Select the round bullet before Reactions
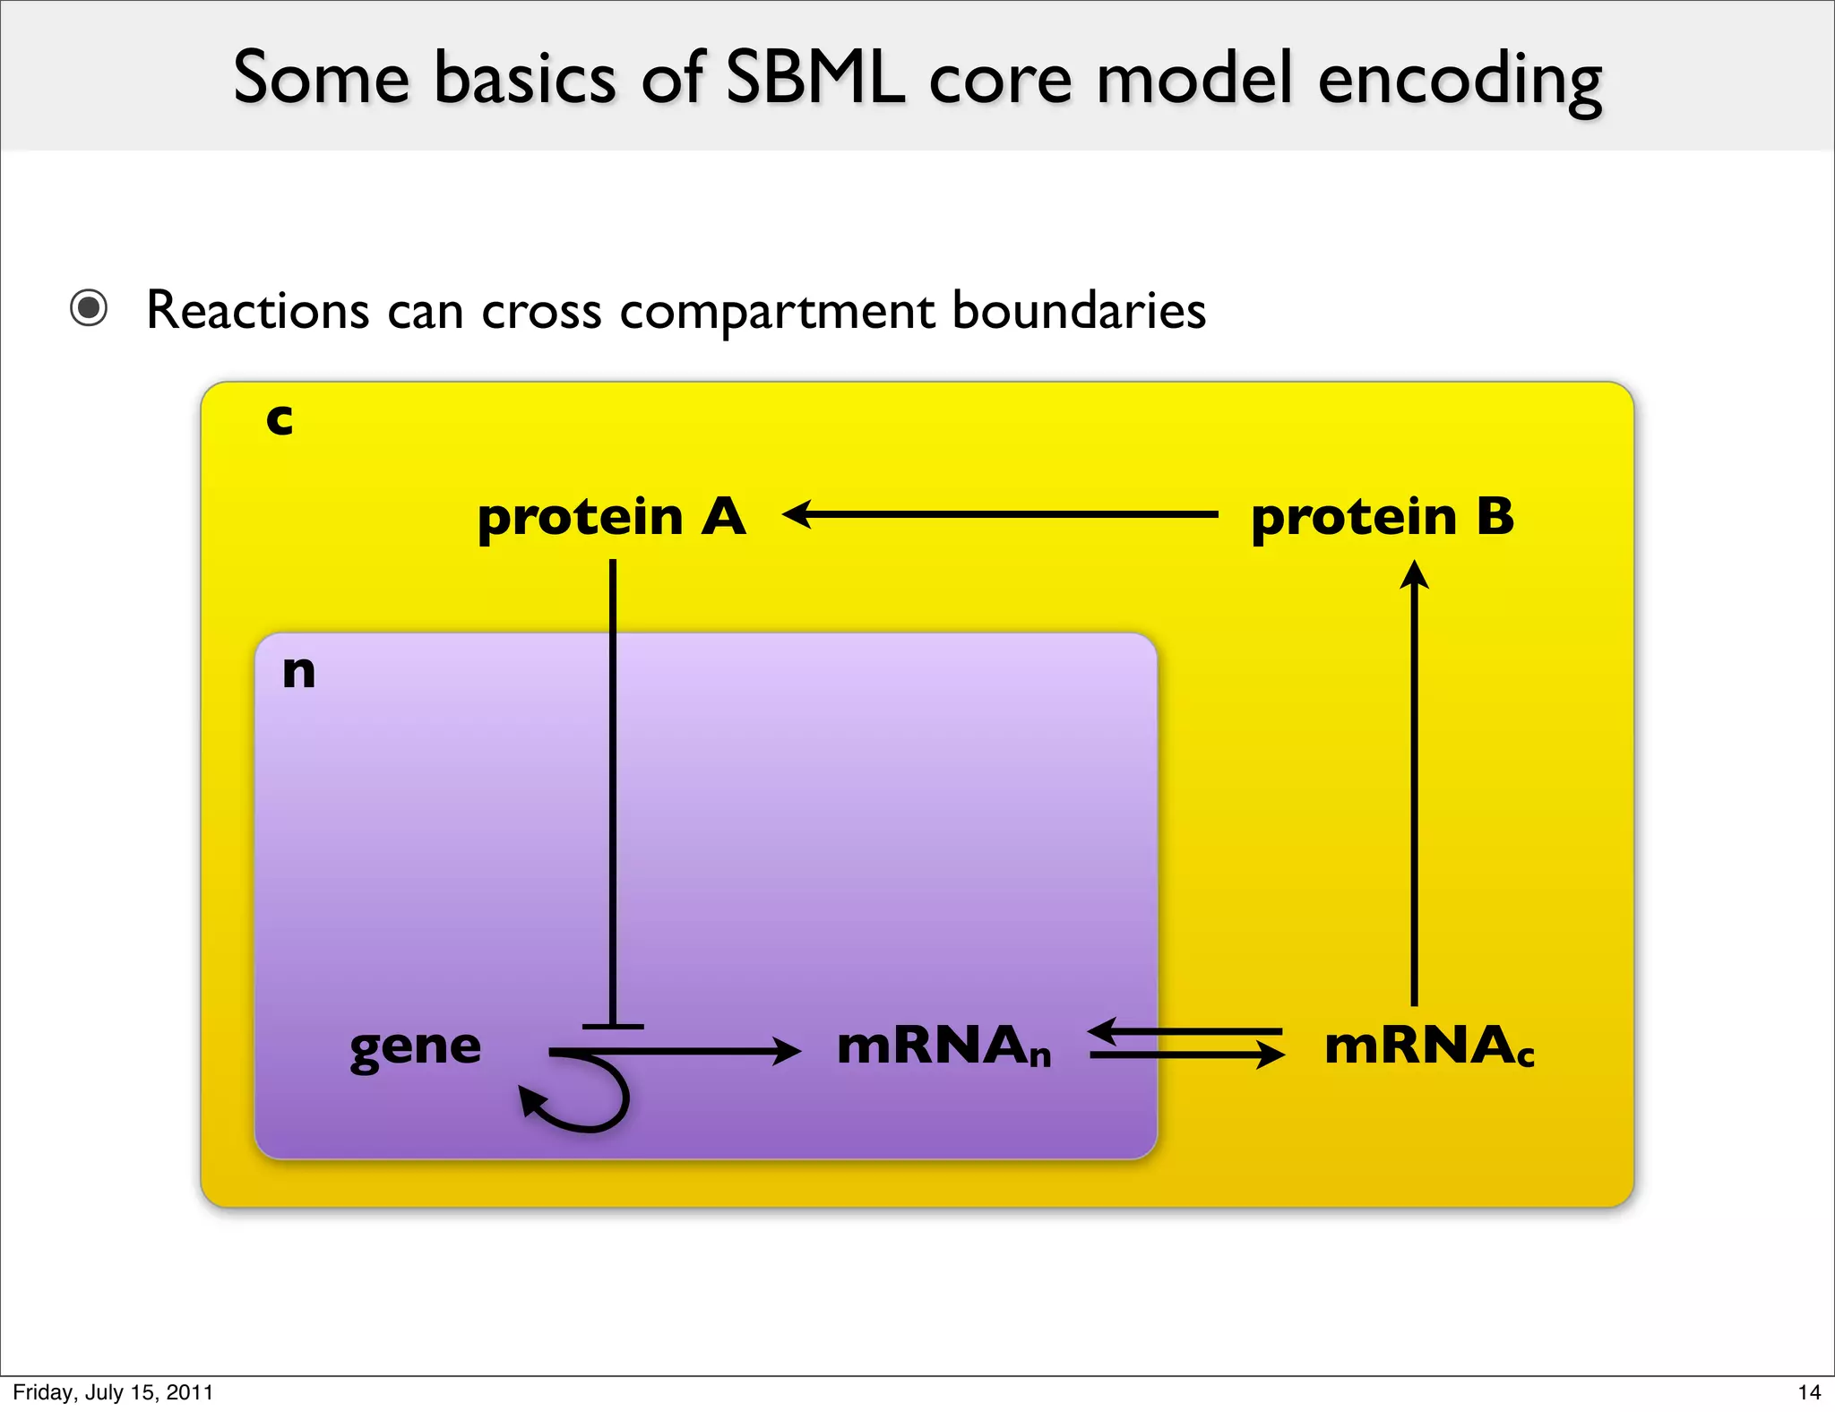(89, 308)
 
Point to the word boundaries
(1079, 310)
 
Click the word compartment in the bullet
(778, 312)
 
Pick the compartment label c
(280, 418)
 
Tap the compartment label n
(298, 671)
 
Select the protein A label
(611, 517)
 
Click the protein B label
(1383, 517)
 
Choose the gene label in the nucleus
(416, 1046)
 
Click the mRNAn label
(943, 1046)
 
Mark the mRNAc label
(1429, 1046)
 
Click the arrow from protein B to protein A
(1000, 514)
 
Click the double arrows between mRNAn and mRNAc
(1186, 1044)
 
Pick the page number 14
(1809, 1392)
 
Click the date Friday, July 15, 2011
(113, 1392)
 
